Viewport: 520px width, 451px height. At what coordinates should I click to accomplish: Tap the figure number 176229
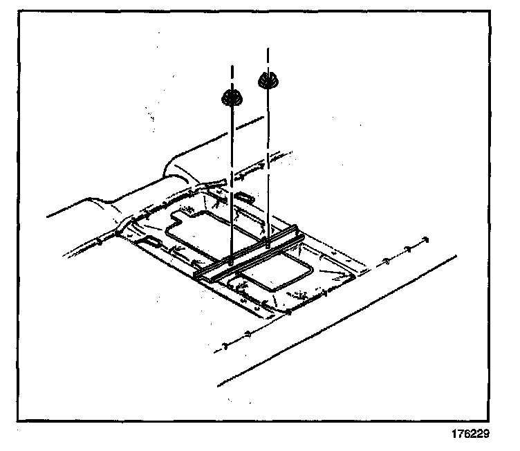pyautogui.click(x=470, y=435)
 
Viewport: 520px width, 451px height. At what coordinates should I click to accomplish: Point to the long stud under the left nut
pyautogui.click(x=231, y=180)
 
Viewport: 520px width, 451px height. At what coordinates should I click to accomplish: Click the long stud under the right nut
pyautogui.click(x=267, y=159)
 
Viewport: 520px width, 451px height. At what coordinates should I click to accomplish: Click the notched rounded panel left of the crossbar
pyautogui.click(x=197, y=235)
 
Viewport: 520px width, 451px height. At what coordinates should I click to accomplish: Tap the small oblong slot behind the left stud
pyautogui.click(x=243, y=198)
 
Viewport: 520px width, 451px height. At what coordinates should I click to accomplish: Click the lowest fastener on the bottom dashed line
pyautogui.click(x=225, y=345)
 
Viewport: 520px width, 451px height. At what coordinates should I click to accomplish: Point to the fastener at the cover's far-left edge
pyautogui.click(x=102, y=241)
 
